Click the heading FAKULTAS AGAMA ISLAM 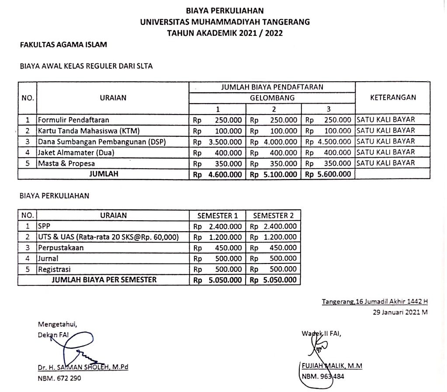(63, 44)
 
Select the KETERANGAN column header (393, 97)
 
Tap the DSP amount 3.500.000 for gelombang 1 (225, 142)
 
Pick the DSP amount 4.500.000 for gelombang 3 (334, 142)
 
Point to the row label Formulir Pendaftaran (73, 120)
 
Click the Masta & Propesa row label (66, 163)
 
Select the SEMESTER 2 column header (273, 215)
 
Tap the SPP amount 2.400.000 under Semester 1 (225, 226)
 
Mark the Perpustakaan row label (61, 247)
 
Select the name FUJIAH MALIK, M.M (332, 366)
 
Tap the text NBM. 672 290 (59, 378)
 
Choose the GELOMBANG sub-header (272, 98)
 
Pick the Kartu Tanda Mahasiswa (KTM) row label (82, 131)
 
